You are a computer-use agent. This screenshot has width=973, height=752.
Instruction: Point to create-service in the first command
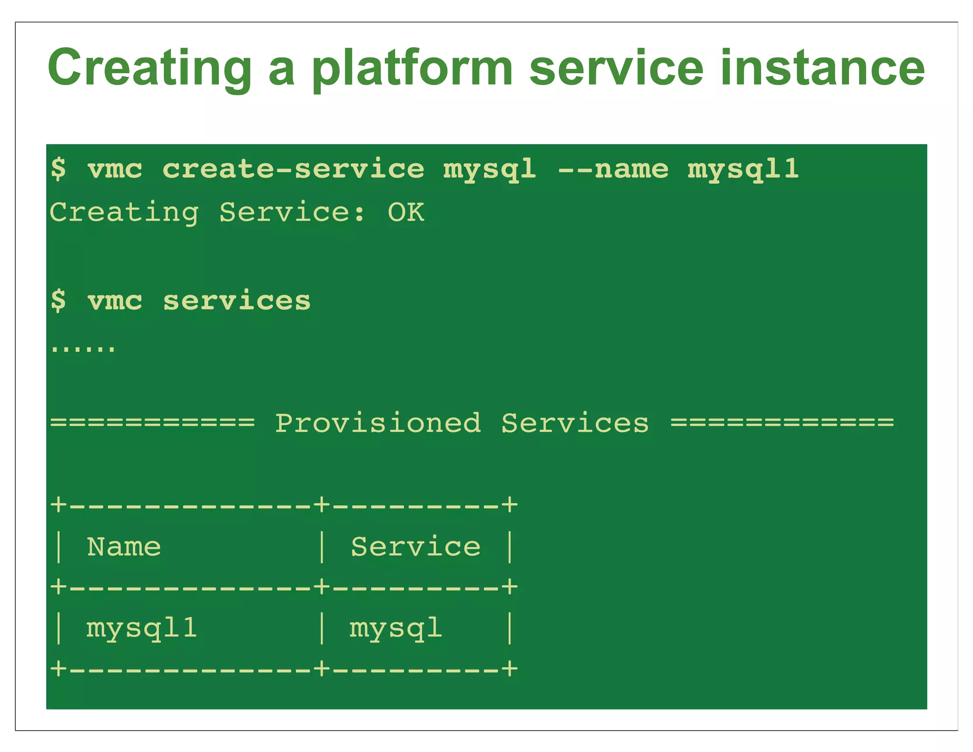tap(293, 169)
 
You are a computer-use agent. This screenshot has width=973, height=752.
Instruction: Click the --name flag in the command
tap(613, 169)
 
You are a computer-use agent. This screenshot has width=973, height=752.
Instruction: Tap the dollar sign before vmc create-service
tap(58, 169)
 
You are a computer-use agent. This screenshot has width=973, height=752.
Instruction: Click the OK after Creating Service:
tap(406, 212)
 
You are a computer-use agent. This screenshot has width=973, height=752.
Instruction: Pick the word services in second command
tap(237, 301)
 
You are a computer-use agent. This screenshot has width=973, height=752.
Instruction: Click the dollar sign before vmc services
tap(58, 301)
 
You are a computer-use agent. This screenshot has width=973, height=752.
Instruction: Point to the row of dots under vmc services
tap(83, 349)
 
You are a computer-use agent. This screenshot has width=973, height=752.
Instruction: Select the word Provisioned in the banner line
tap(378, 423)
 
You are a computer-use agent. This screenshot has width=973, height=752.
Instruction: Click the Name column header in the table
tap(124, 547)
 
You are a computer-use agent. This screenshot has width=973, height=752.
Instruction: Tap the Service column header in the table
tap(415, 547)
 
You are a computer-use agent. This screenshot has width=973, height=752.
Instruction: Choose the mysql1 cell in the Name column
tap(141, 628)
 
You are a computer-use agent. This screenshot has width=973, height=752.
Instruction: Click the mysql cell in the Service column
tap(395, 628)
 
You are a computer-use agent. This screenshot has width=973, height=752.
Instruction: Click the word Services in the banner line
tap(575, 423)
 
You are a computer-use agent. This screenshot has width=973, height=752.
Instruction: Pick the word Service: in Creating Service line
tap(292, 212)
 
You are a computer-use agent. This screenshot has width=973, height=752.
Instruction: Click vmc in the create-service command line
tap(114, 169)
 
